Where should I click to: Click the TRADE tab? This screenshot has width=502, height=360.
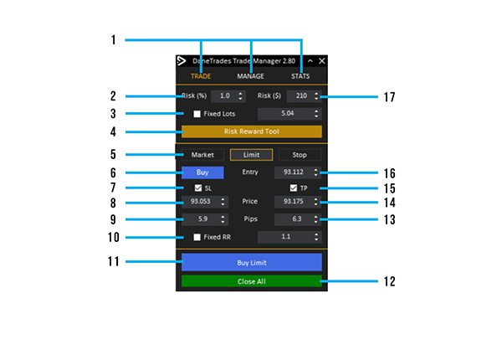click(200, 76)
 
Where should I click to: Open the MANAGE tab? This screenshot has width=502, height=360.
click(250, 76)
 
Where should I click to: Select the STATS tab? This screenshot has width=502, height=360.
click(300, 76)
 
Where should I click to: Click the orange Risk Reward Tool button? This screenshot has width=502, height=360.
click(251, 131)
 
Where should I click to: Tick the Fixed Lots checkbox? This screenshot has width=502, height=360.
click(197, 114)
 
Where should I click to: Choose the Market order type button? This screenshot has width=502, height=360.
click(202, 155)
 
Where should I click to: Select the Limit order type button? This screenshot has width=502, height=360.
click(251, 155)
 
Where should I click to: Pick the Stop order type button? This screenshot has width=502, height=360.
click(300, 155)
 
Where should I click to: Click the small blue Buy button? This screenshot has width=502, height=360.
click(202, 172)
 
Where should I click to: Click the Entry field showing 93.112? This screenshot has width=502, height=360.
click(293, 172)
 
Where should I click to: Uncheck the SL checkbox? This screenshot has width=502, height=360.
click(198, 188)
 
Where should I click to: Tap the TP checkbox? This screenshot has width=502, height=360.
click(294, 188)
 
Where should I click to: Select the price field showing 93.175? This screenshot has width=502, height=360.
click(293, 203)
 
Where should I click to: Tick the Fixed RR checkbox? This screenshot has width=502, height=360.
click(197, 237)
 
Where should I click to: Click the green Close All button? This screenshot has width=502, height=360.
click(251, 281)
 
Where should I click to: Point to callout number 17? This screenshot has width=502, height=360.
click(388, 97)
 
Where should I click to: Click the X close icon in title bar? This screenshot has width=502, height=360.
click(322, 61)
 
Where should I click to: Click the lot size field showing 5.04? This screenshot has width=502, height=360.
click(284, 114)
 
